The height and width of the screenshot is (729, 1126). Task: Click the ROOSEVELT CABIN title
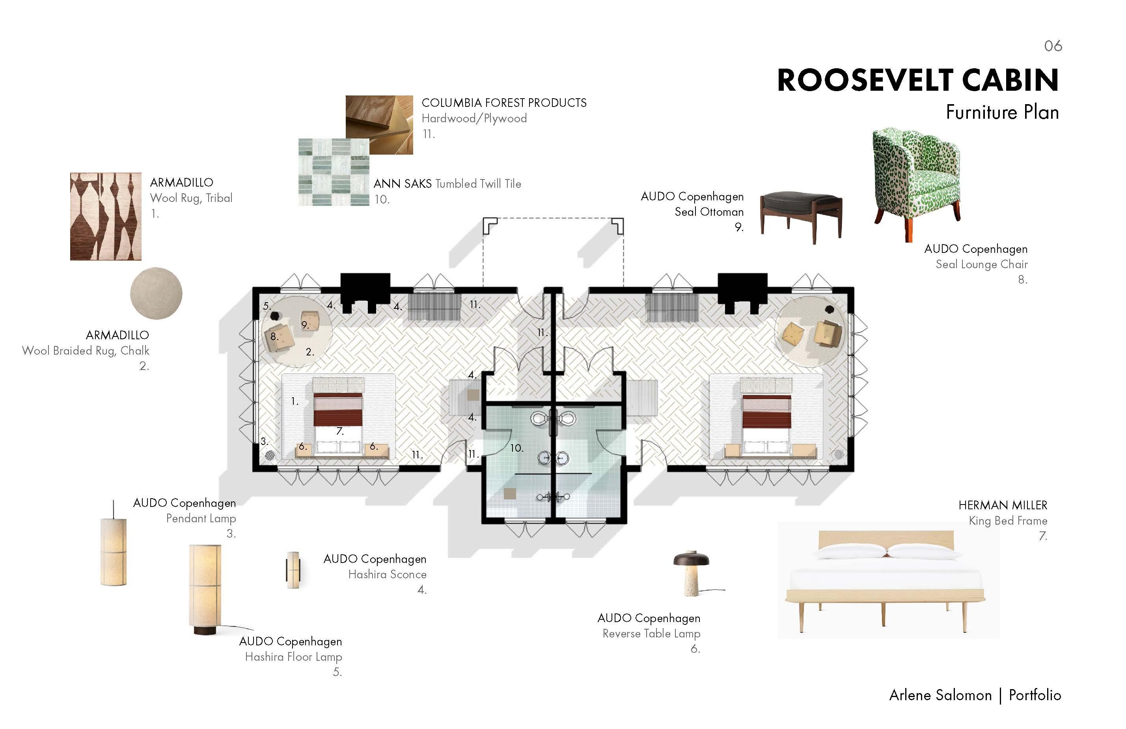pyautogui.click(x=917, y=80)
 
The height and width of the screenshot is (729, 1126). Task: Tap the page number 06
pyautogui.click(x=1053, y=46)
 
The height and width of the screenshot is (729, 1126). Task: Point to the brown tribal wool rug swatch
pyautogui.click(x=106, y=216)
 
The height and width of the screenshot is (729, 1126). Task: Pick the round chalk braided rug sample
pyautogui.click(x=156, y=293)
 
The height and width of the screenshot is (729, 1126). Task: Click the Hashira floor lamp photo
pyautogui.click(x=205, y=589)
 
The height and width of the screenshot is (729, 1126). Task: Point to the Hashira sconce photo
pyautogui.click(x=293, y=570)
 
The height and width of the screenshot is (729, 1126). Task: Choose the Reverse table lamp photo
pyautogui.click(x=692, y=573)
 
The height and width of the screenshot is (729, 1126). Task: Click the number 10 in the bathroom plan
pyautogui.click(x=516, y=448)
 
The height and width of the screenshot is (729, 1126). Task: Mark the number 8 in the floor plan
pyautogui.click(x=274, y=336)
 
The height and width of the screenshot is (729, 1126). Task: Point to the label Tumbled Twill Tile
pyautogui.click(x=478, y=184)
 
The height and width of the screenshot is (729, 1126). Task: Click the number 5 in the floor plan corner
pyautogui.click(x=267, y=306)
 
